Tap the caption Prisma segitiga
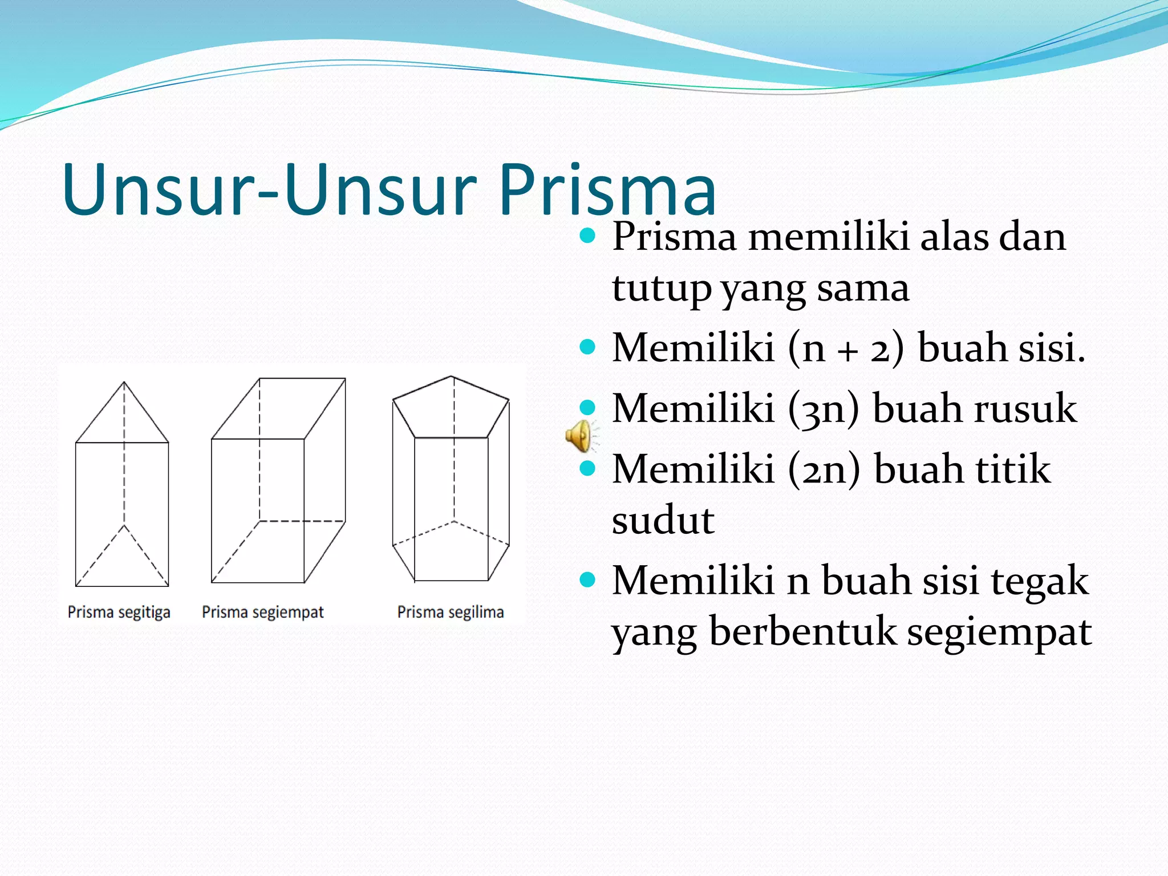point(119,612)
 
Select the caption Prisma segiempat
point(263,612)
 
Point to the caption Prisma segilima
point(451,612)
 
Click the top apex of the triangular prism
point(124,383)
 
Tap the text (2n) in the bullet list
point(824,469)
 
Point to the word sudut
point(663,520)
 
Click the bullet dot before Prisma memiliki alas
point(587,235)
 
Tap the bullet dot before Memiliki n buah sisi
point(587,581)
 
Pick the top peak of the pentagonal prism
point(451,376)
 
